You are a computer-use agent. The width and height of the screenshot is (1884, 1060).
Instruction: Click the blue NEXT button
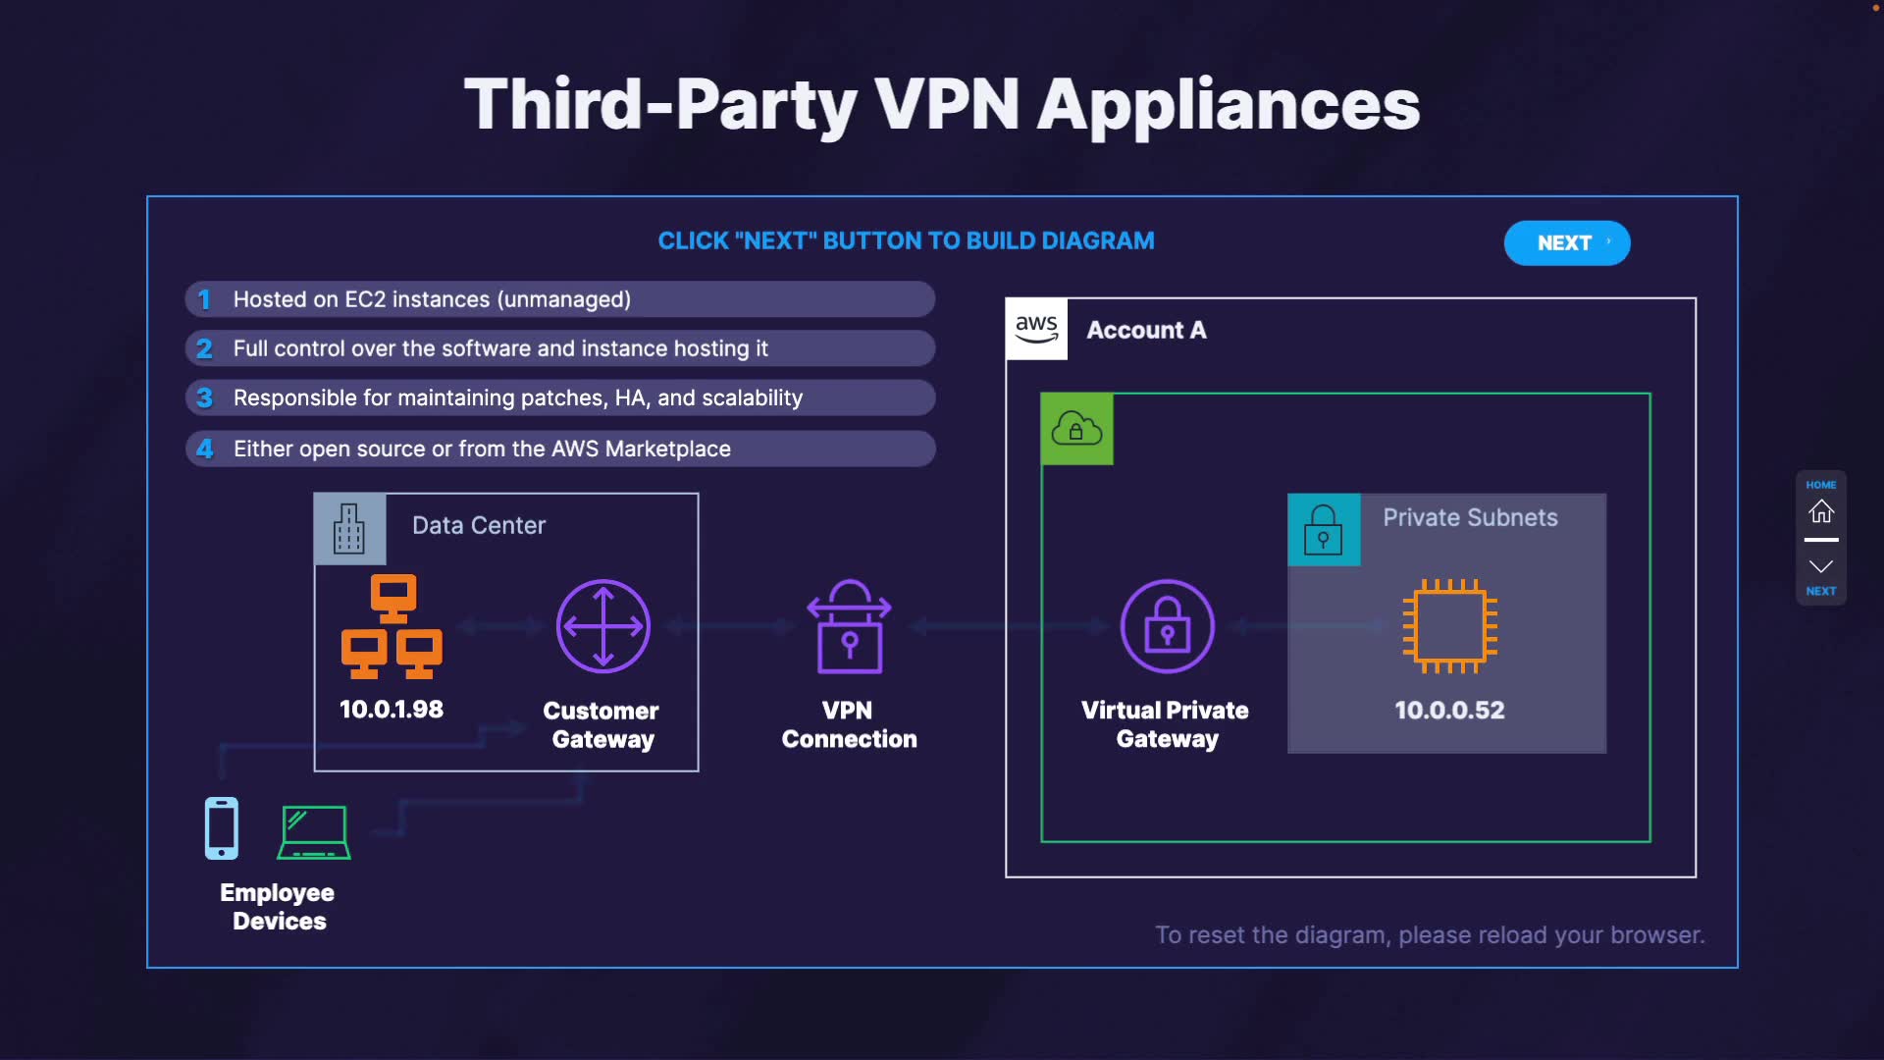[x=1566, y=243]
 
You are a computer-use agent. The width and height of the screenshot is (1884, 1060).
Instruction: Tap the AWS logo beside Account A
[x=1036, y=330]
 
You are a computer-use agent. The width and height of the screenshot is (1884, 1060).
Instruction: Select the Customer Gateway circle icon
[x=602, y=626]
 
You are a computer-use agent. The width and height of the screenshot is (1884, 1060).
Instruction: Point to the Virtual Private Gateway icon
[x=1167, y=626]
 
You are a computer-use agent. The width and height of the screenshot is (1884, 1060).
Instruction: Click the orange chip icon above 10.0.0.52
[x=1449, y=626]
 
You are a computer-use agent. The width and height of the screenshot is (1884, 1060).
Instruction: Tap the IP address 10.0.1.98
[x=391, y=709]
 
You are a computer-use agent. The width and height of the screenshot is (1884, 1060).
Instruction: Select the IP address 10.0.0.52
[x=1449, y=710]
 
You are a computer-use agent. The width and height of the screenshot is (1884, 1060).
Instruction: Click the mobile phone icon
[x=222, y=828]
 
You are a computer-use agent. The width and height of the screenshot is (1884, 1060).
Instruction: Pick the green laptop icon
[x=314, y=832]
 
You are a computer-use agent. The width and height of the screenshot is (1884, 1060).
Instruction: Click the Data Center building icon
[x=349, y=529]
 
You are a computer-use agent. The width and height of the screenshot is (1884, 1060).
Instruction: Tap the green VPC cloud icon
[x=1076, y=429]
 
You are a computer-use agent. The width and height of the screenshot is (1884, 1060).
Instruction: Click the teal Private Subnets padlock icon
[x=1323, y=530]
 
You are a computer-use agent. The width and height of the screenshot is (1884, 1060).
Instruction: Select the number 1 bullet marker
[x=204, y=299]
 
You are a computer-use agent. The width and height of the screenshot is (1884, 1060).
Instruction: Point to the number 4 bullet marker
[x=204, y=449]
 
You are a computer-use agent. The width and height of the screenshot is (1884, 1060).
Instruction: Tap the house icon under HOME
[x=1821, y=511]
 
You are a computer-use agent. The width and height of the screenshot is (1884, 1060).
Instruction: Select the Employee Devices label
[x=278, y=907]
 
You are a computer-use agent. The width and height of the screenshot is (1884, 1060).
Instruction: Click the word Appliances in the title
[x=1229, y=104]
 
